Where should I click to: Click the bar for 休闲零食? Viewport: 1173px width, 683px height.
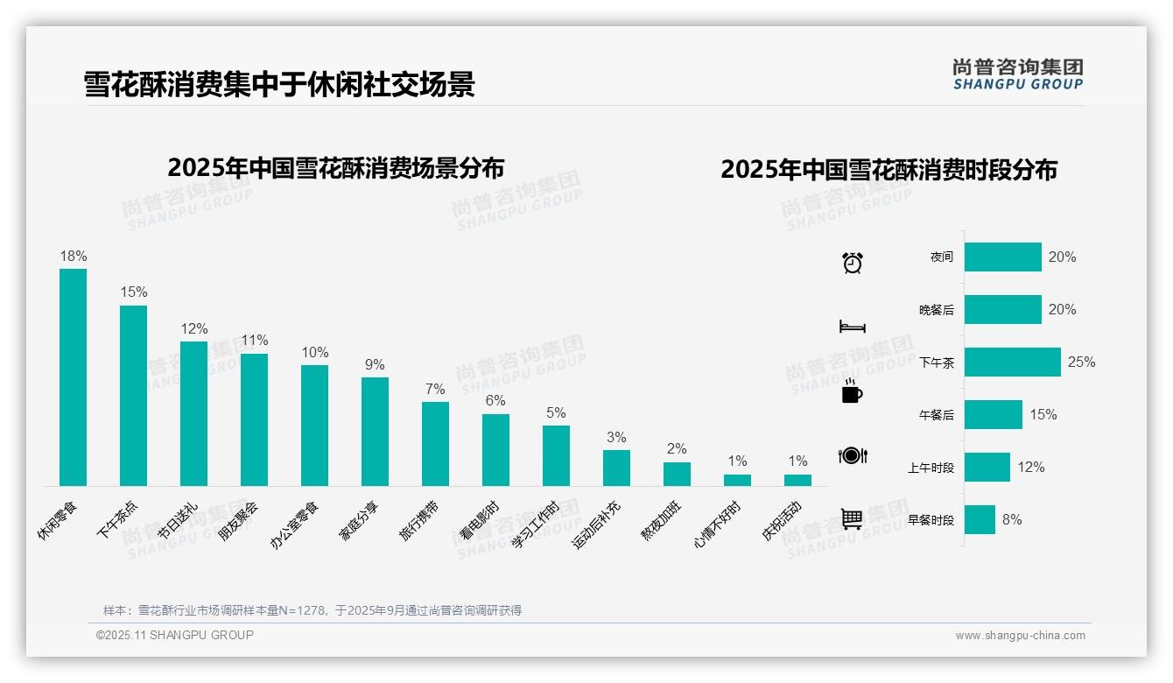pyautogui.click(x=73, y=377)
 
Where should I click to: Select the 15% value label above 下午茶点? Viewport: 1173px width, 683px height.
pyautogui.click(x=134, y=292)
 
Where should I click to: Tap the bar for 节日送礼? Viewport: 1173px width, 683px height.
pyautogui.click(x=193, y=413)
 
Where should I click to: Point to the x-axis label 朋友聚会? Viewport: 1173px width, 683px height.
pyautogui.click(x=238, y=521)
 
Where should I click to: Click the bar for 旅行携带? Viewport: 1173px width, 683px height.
pyautogui.click(x=435, y=443)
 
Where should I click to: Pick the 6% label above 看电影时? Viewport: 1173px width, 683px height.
pyautogui.click(x=495, y=400)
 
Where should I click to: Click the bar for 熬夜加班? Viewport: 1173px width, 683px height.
pyautogui.click(x=677, y=474)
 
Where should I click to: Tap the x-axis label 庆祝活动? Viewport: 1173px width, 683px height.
pyautogui.click(x=781, y=521)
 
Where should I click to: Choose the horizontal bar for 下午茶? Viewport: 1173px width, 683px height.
pyautogui.click(x=1012, y=362)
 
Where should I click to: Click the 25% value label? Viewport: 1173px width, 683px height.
pyautogui.click(x=1081, y=362)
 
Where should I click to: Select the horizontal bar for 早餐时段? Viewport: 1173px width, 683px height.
pyautogui.click(x=980, y=519)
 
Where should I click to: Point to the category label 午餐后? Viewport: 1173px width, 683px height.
pyautogui.click(x=936, y=415)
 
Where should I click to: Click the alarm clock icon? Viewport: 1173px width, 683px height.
pyautogui.click(x=853, y=262)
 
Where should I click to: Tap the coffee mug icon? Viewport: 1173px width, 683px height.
pyautogui.click(x=852, y=391)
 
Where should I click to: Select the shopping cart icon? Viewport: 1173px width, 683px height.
pyautogui.click(x=852, y=518)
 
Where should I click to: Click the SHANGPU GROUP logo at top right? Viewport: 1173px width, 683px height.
pyautogui.click(x=1018, y=74)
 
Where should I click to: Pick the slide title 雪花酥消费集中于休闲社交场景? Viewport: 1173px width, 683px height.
pyautogui.click(x=279, y=84)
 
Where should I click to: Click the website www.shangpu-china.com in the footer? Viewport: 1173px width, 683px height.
pyautogui.click(x=1020, y=636)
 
